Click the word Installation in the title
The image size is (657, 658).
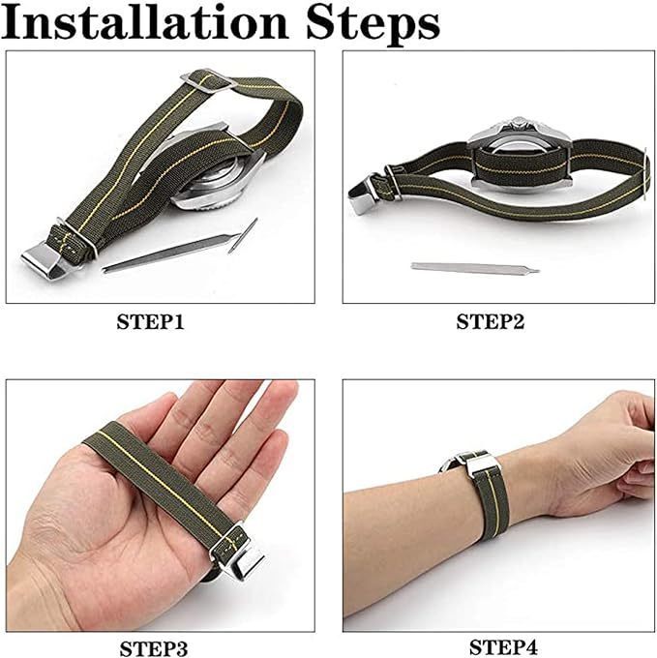click(x=145, y=22)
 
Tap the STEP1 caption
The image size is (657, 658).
click(x=150, y=322)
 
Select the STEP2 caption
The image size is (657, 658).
click(x=490, y=322)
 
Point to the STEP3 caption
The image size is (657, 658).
click(x=154, y=648)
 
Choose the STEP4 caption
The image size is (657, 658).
click(x=503, y=646)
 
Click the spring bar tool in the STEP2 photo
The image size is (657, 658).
click(x=475, y=267)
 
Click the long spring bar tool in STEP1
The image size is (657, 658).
click(x=172, y=253)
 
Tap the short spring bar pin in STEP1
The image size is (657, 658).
click(x=243, y=235)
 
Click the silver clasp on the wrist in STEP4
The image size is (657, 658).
click(x=478, y=464)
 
